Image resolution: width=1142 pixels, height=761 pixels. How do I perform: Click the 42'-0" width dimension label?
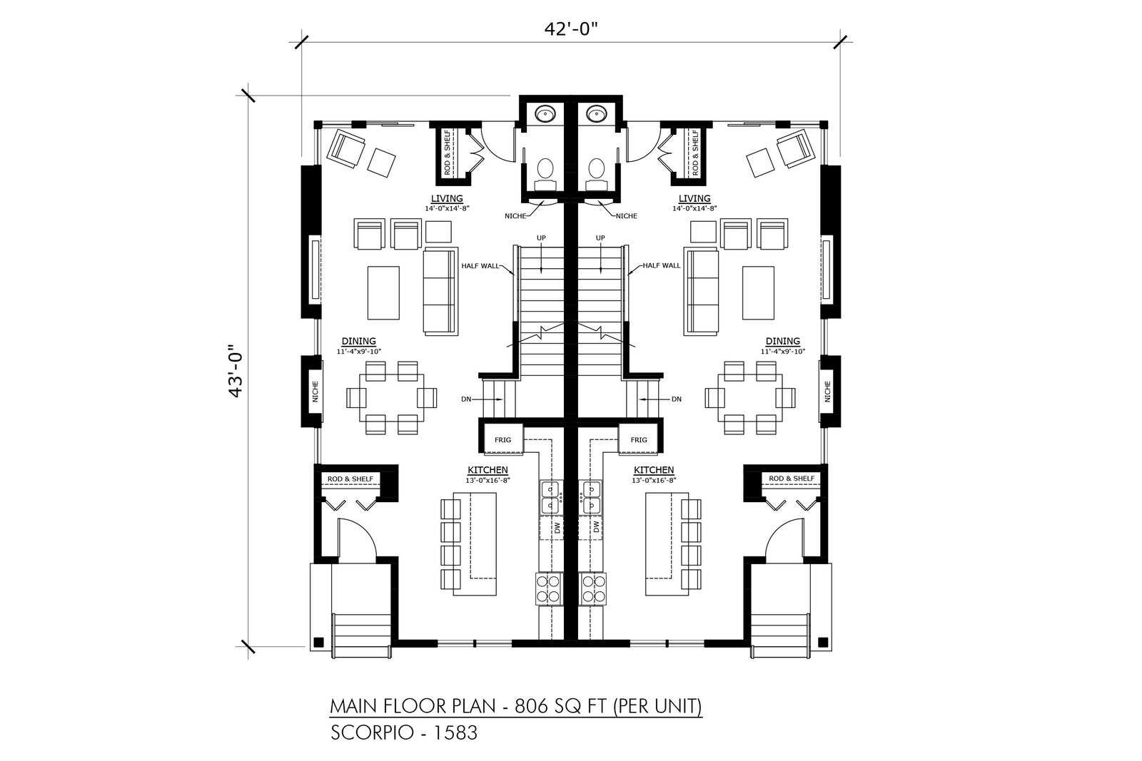[x=570, y=29]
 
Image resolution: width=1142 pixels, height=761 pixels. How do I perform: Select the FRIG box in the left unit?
[x=502, y=439]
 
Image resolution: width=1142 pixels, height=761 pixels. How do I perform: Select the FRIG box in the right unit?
[x=639, y=439]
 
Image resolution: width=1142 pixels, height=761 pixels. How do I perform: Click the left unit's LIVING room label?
[x=447, y=198]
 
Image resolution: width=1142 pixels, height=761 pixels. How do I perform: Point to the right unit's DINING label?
[x=782, y=341]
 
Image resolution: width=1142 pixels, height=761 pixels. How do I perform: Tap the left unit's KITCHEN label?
[x=488, y=469]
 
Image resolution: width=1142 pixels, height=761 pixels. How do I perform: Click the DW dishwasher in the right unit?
[x=596, y=527]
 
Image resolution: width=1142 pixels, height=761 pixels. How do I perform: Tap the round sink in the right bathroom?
[x=595, y=113]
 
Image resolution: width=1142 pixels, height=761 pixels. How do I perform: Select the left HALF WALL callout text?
[x=480, y=265]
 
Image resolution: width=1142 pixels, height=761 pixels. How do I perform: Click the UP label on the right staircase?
[x=600, y=238]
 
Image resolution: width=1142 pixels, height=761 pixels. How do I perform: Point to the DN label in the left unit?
[x=466, y=399]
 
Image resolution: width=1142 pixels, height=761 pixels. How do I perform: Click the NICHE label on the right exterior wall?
[x=827, y=391]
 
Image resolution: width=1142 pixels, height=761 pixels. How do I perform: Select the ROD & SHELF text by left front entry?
[x=350, y=479]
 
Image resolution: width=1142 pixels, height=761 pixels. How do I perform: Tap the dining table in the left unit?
[x=392, y=398]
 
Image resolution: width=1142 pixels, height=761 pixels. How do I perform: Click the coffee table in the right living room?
[x=758, y=292]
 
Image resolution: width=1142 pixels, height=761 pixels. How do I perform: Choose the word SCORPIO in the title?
[x=372, y=732]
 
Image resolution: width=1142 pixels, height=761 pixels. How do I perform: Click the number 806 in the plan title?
[x=530, y=706]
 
